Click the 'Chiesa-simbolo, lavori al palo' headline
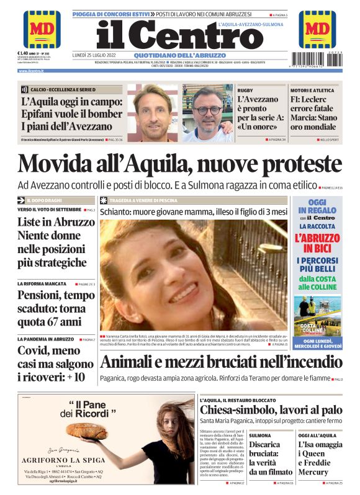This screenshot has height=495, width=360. (x=271, y=410)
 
